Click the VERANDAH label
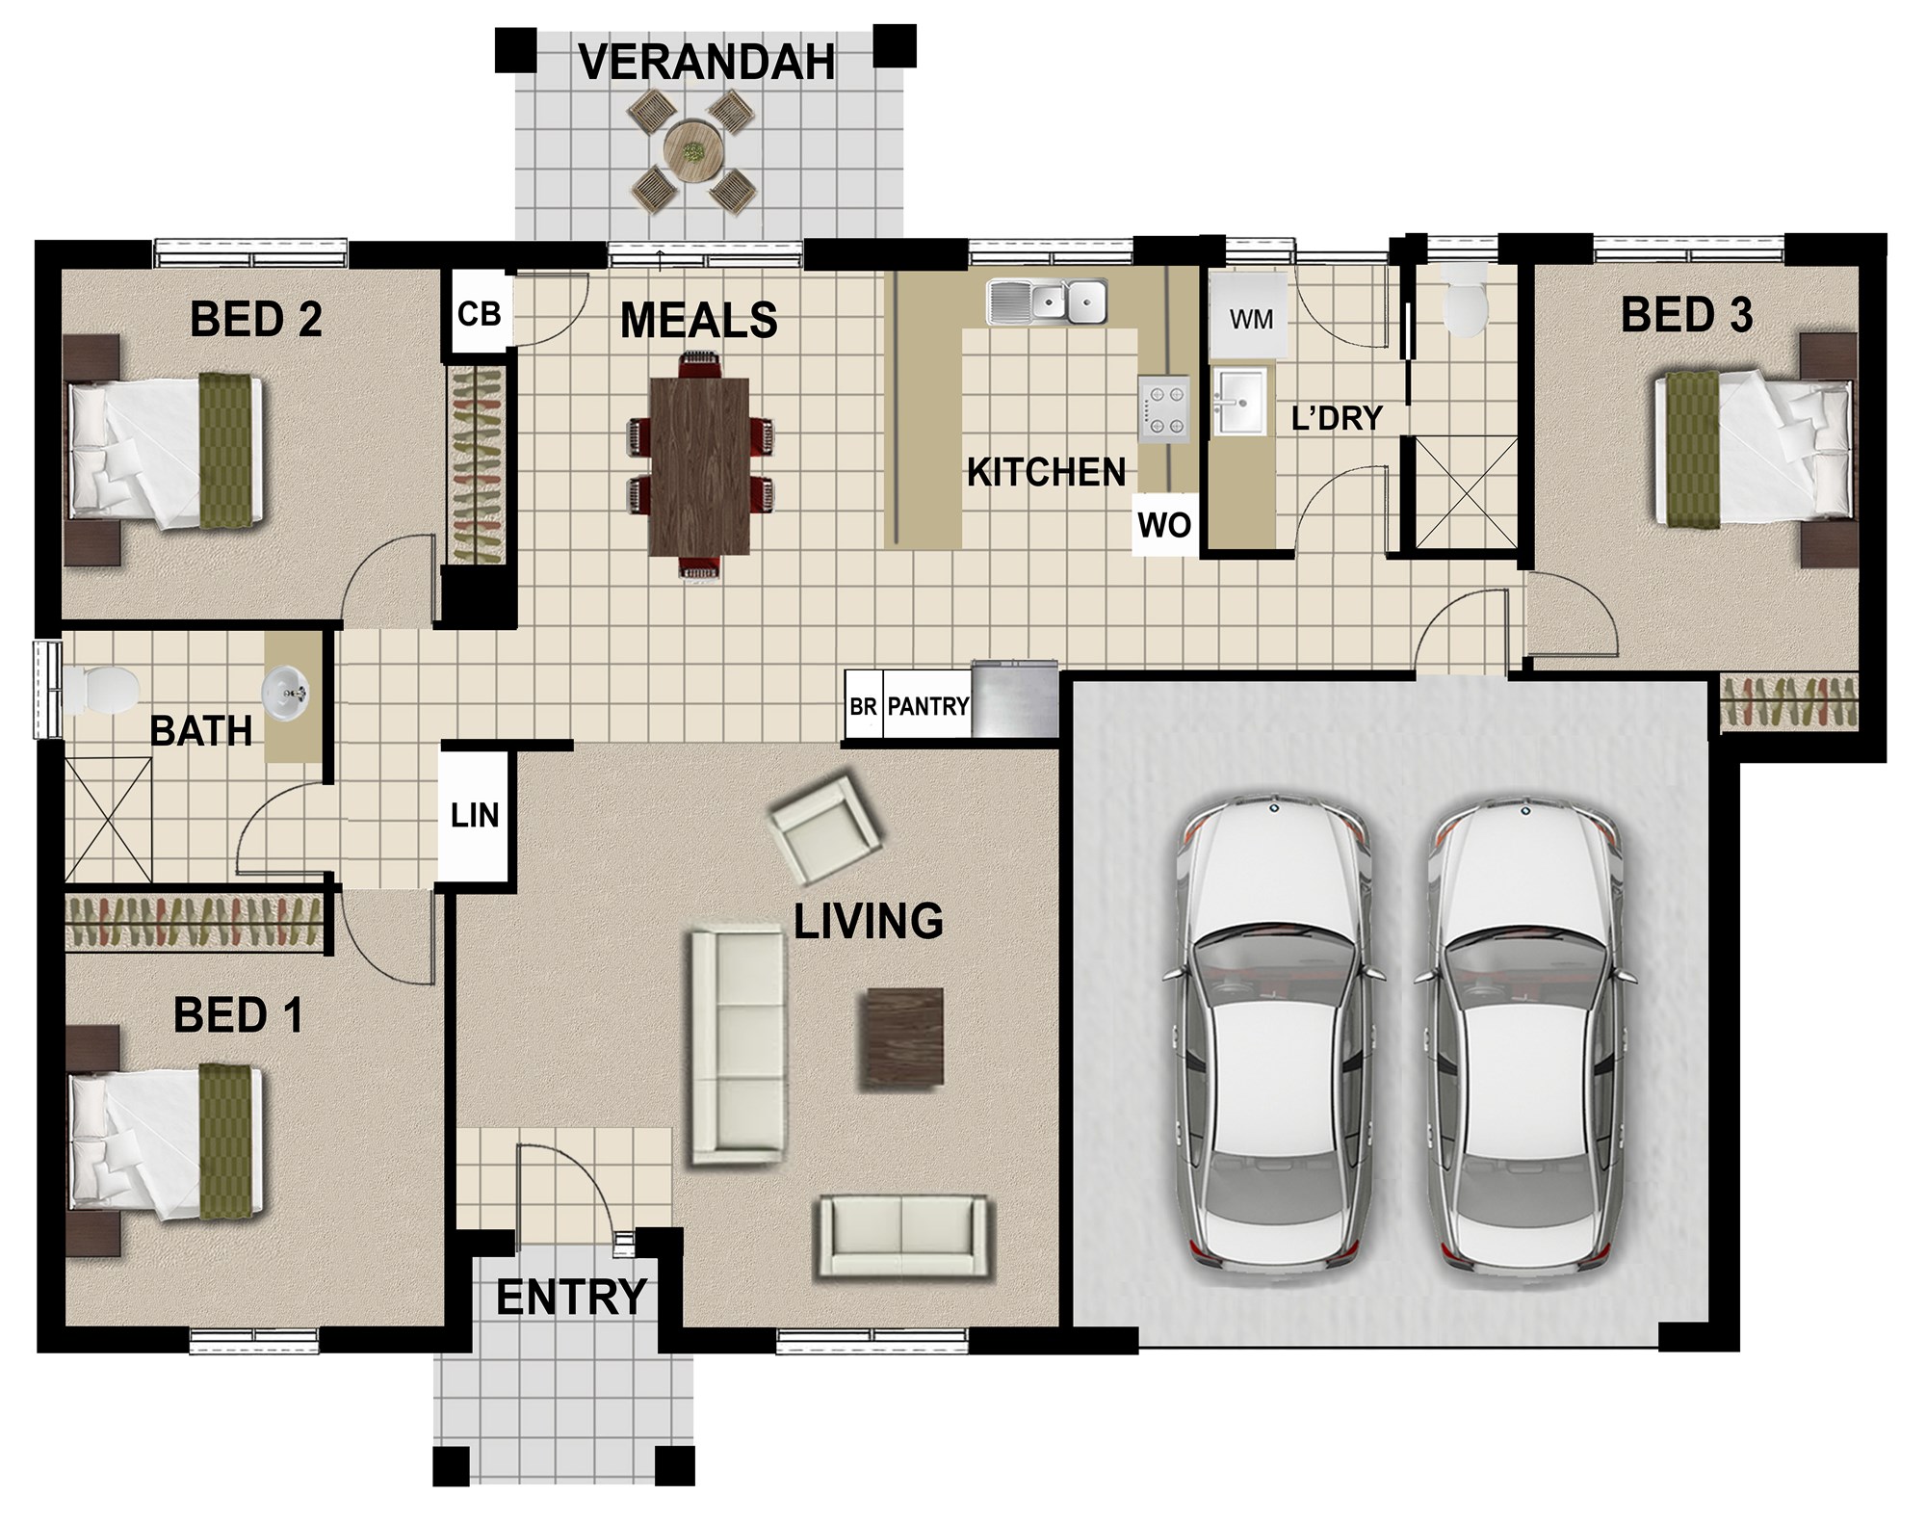pyautogui.click(x=707, y=63)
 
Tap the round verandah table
pyautogui.click(x=692, y=151)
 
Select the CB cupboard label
pyautogui.click(x=479, y=314)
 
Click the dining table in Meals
pyautogui.click(x=700, y=466)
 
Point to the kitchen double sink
pyautogui.click(x=1046, y=302)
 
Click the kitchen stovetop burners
pyautogui.click(x=1163, y=409)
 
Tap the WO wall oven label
pyautogui.click(x=1164, y=526)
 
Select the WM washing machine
pyautogui.click(x=1250, y=318)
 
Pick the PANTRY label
pyautogui.click(x=927, y=707)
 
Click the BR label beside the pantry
pyautogui.click(x=863, y=707)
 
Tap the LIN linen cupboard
pyautogui.click(x=474, y=816)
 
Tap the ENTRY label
pyautogui.click(x=571, y=1298)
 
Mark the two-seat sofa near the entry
pyautogui.click(x=901, y=1238)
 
